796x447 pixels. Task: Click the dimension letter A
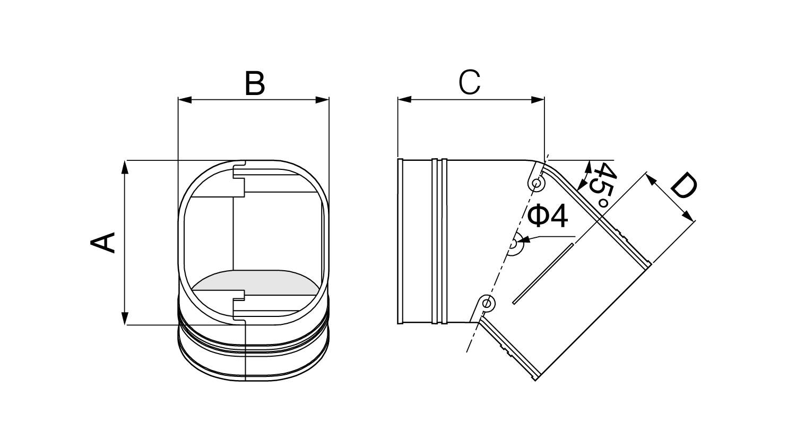click(x=103, y=243)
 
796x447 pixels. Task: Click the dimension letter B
click(x=255, y=83)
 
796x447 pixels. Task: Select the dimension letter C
click(x=469, y=82)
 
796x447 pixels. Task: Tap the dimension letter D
click(x=683, y=185)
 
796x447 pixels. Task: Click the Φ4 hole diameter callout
click(x=547, y=217)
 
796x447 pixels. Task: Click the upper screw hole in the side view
click(x=537, y=184)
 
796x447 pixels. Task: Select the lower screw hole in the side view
click(x=487, y=303)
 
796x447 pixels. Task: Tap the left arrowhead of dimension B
click(x=185, y=100)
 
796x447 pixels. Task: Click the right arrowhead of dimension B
click(x=322, y=100)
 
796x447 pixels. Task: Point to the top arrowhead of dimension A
click(x=124, y=167)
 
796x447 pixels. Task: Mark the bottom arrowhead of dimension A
click(x=124, y=318)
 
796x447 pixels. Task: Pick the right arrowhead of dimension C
click(x=537, y=100)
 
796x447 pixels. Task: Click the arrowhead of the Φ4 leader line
click(x=524, y=239)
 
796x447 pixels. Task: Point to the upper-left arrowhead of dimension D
click(x=651, y=178)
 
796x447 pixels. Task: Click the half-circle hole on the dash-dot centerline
click(x=514, y=245)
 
